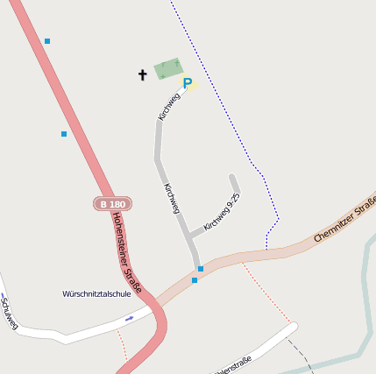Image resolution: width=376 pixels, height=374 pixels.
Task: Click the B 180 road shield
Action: coord(112,204)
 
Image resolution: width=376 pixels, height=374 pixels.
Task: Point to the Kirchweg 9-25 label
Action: coord(221,212)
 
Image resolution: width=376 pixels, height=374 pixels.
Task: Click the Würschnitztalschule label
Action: coord(96,293)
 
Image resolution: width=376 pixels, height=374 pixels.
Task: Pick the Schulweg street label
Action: coord(9,313)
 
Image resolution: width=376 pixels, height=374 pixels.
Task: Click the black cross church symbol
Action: coord(143,75)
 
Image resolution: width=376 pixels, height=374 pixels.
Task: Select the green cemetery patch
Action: coord(167,68)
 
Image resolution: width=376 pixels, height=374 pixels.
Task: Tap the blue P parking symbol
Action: coord(187,83)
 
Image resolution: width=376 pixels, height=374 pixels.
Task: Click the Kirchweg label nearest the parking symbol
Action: coord(168,107)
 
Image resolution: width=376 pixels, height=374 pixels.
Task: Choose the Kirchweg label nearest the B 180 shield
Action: coord(172,199)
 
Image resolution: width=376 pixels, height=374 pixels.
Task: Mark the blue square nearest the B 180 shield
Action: coord(64,134)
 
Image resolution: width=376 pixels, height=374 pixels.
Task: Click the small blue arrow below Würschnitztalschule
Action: coord(130,318)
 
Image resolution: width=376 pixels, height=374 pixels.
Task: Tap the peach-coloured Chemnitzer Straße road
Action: coord(280,250)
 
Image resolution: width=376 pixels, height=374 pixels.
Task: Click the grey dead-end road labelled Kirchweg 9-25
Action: coord(235,186)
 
